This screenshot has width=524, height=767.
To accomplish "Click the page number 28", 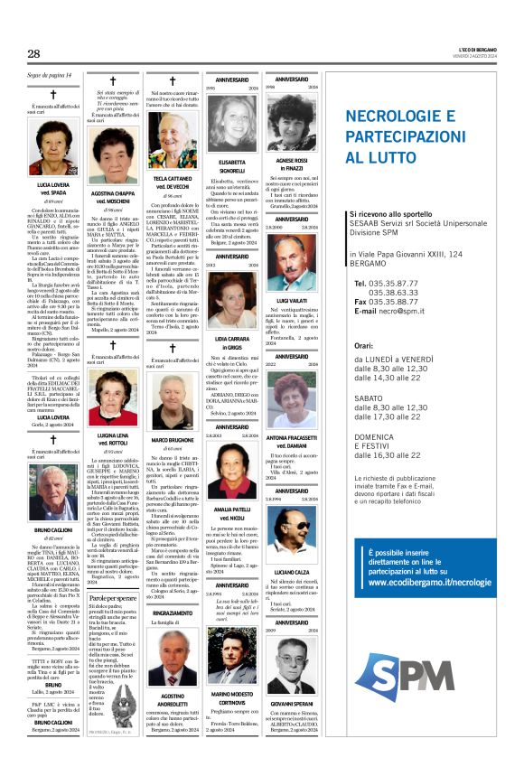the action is click(x=33, y=54).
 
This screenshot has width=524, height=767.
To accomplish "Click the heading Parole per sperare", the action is click(x=112, y=598).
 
